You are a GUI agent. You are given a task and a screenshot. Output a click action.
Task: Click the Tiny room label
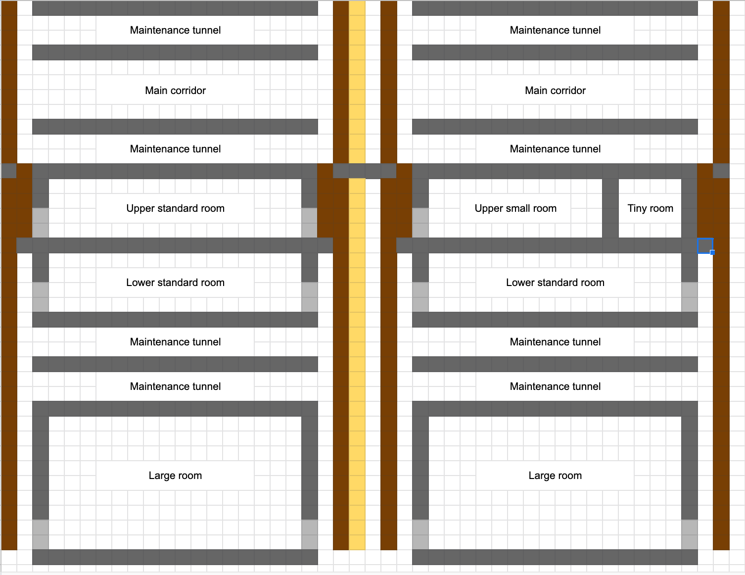[650, 208]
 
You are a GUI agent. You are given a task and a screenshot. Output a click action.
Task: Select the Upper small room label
[515, 208]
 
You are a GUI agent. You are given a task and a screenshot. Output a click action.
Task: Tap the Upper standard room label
[175, 208]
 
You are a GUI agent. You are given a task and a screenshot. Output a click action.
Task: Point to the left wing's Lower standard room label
[175, 283]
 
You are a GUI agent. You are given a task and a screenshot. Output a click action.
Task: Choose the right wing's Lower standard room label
[555, 283]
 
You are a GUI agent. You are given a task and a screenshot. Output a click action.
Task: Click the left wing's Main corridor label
[175, 91]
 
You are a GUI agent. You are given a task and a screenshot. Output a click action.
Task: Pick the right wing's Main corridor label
[555, 91]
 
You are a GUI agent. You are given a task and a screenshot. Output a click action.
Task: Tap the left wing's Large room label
[175, 476]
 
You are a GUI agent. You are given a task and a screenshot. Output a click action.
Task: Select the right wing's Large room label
[555, 476]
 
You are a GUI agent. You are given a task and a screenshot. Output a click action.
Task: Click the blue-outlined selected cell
[705, 245]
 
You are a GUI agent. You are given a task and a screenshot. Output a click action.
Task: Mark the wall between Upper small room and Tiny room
[610, 208]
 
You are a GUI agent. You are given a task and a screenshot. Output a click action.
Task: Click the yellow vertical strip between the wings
[357, 346]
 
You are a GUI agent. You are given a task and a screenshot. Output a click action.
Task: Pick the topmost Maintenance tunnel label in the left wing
[175, 30]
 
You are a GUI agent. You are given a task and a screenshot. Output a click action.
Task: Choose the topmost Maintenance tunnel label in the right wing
[555, 30]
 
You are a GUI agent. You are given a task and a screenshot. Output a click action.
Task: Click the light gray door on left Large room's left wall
[41, 534]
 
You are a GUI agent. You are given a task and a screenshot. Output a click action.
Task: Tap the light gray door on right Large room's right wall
[689, 534]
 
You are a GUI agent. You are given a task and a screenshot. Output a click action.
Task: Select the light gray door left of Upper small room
[420, 223]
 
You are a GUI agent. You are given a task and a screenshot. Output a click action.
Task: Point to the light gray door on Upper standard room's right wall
[309, 223]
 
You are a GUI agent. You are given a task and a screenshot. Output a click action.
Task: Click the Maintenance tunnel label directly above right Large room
[555, 386]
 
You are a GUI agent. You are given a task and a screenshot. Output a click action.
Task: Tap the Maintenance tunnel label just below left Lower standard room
[175, 342]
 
